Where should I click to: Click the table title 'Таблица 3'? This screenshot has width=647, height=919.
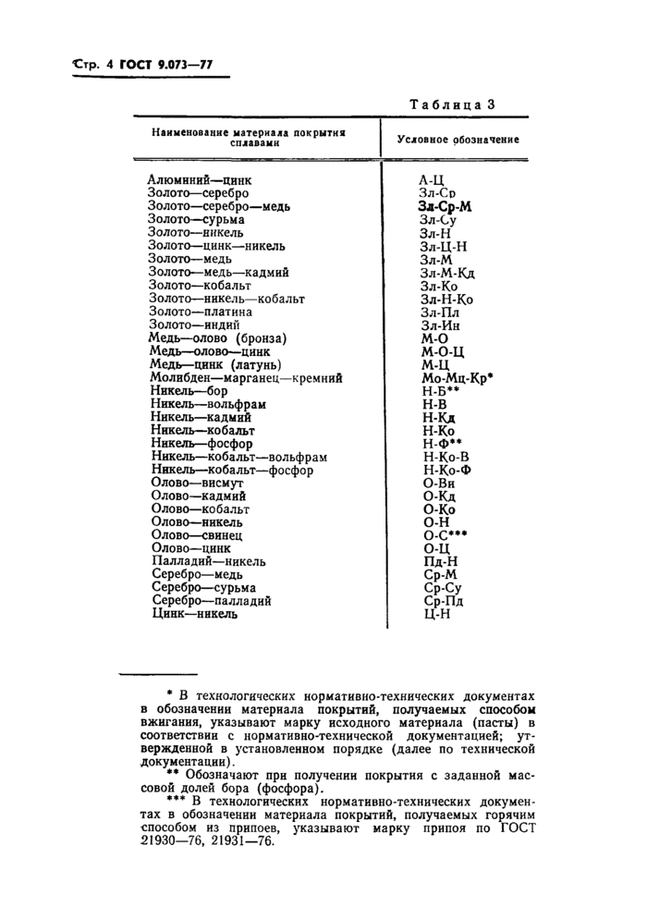(452, 104)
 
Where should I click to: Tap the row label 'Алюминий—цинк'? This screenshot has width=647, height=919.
(199, 180)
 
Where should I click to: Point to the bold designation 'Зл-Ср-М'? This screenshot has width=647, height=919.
(445, 207)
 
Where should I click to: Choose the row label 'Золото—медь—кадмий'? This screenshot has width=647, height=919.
(218, 273)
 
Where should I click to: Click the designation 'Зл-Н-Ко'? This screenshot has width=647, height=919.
(446, 300)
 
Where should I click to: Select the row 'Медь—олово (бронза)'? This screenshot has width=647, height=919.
(217, 338)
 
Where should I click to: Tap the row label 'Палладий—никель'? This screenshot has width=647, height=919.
(206, 562)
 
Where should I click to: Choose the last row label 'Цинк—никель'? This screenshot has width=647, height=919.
(192, 614)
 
